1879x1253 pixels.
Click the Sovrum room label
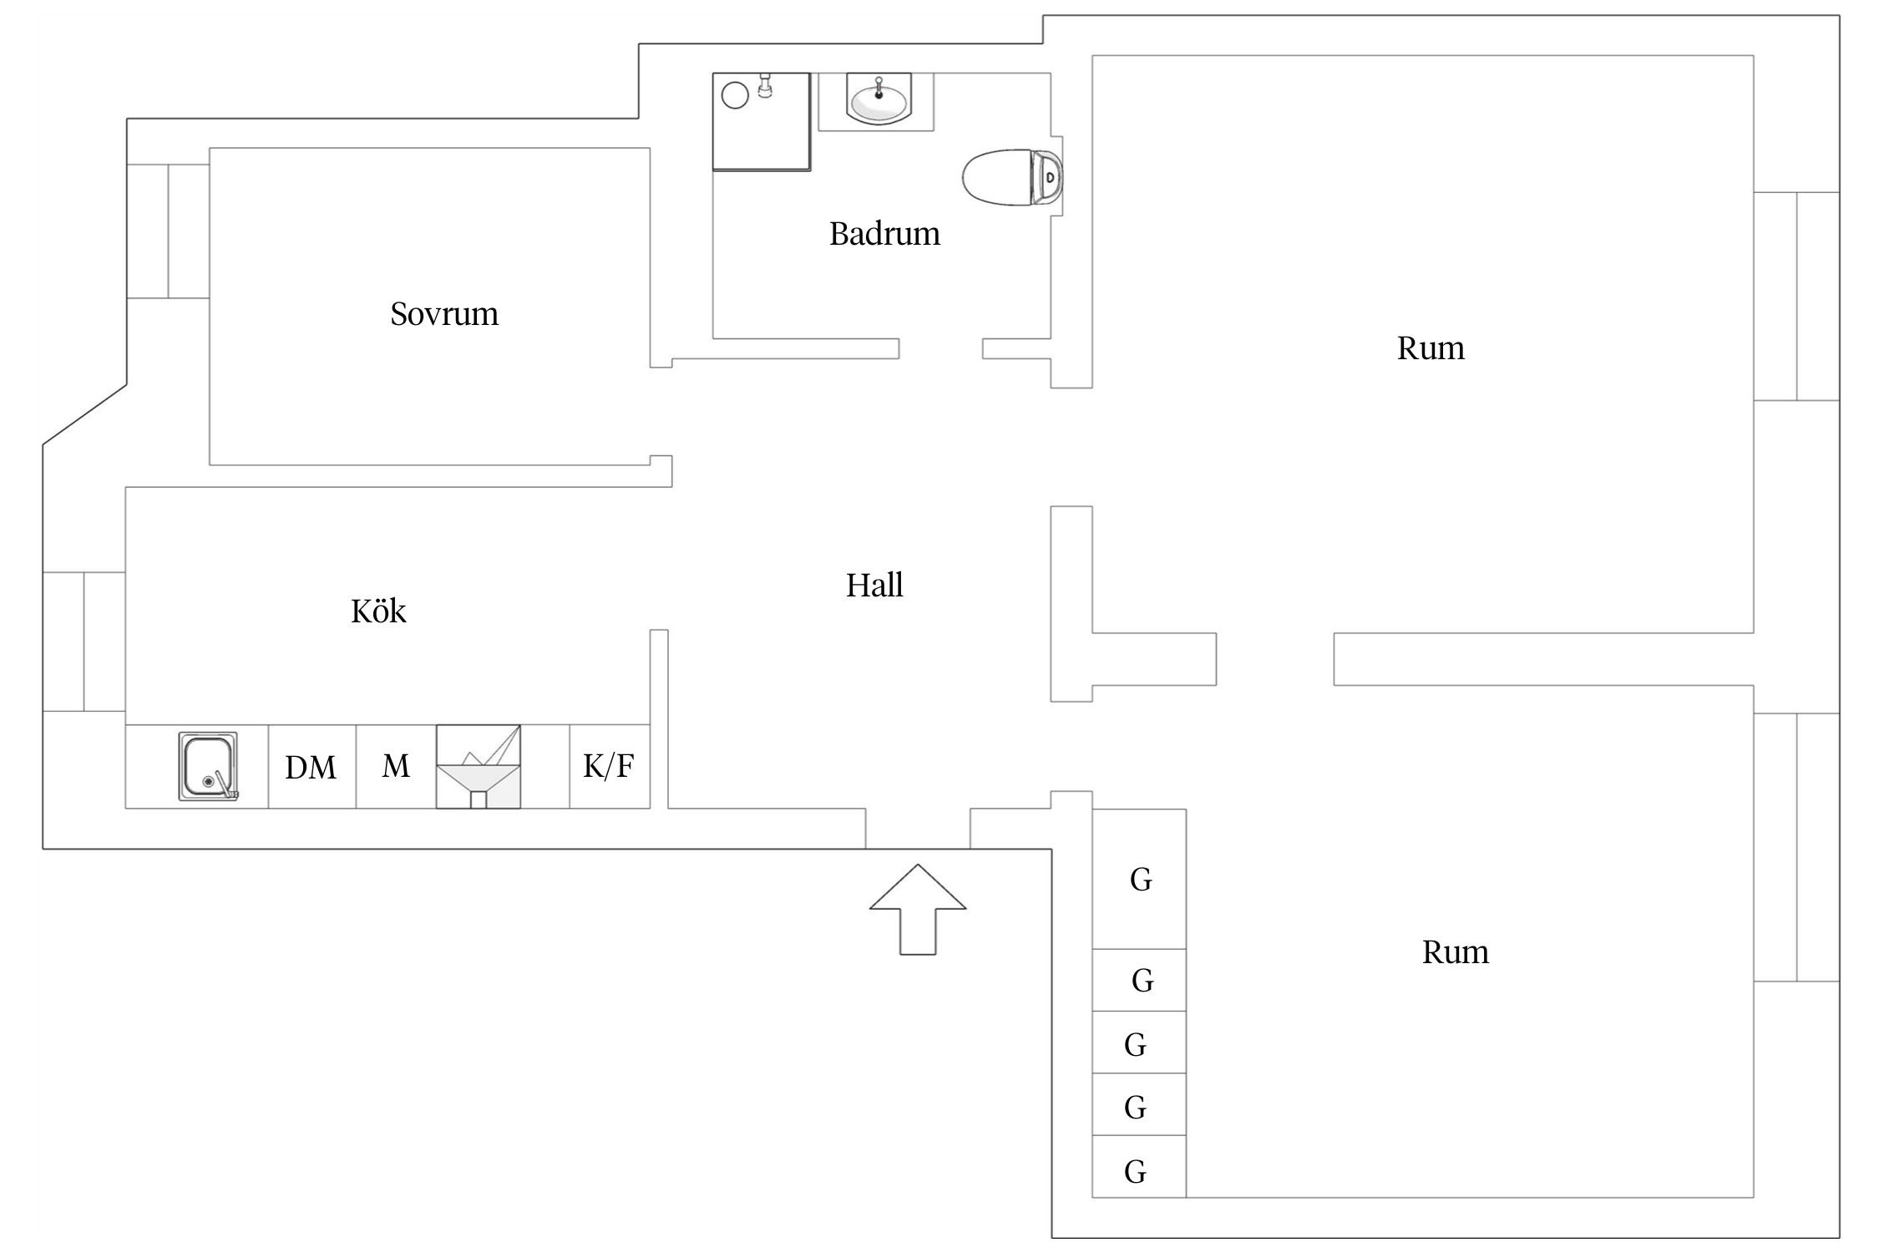[x=444, y=314]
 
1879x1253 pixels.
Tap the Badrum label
[x=884, y=234]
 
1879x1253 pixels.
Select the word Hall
[x=874, y=586]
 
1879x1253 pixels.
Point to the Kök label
[x=378, y=611]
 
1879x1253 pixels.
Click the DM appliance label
[x=311, y=768]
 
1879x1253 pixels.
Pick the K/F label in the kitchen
[x=609, y=766]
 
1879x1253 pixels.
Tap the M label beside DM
[x=396, y=766]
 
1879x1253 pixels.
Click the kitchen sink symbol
[x=208, y=766]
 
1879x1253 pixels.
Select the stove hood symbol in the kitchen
[x=479, y=767]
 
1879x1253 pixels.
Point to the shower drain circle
[x=735, y=95]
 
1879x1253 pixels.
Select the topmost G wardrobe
[x=1140, y=879]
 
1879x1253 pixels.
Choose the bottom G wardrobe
[x=1136, y=1172]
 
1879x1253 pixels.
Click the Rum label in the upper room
[x=1431, y=348]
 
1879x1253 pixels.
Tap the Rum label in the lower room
[x=1456, y=952]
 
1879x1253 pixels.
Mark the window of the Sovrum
[x=168, y=231]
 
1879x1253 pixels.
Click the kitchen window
[x=84, y=642]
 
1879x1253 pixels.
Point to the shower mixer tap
[x=764, y=85]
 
